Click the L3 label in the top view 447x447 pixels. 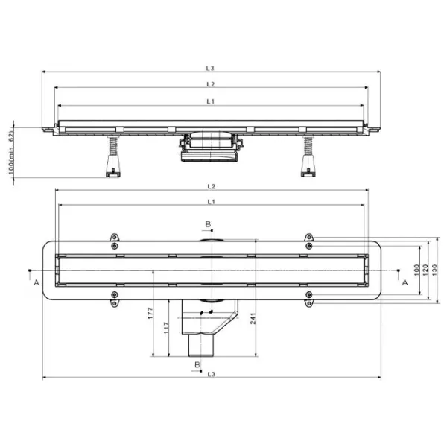(x=210, y=68)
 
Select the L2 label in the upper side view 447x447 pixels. (x=210, y=84)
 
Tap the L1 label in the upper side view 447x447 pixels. (x=210, y=101)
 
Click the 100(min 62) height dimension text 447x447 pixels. (x=11, y=153)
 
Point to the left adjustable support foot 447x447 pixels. (x=113, y=156)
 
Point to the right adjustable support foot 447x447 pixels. (x=308, y=156)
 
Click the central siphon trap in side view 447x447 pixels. (x=211, y=147)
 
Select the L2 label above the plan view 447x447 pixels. (x=211, y=186)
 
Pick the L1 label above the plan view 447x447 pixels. (x=211, y=202)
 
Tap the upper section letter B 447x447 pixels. (x=208, y=224)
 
